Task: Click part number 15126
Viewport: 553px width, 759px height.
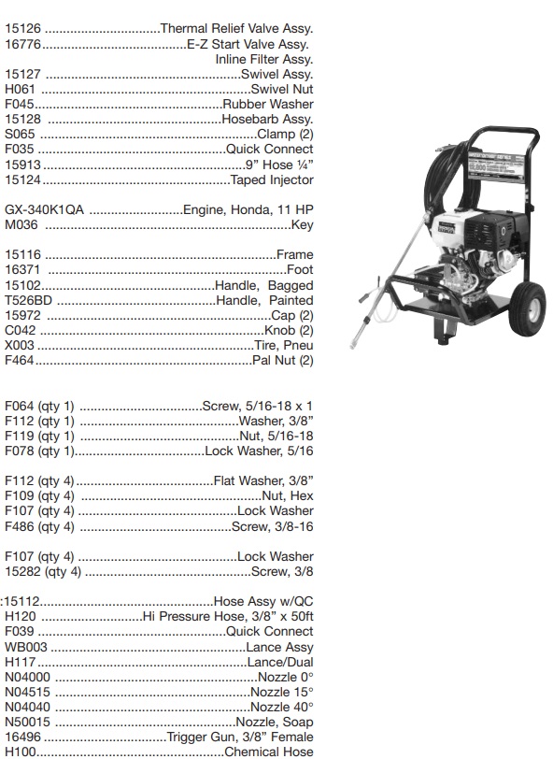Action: (x=23, y=29)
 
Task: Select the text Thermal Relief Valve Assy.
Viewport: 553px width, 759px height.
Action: (x=236, y=29)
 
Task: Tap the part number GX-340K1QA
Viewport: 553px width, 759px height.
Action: (x=44, y=209)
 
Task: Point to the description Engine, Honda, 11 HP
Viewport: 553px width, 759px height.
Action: (x=248, y=209)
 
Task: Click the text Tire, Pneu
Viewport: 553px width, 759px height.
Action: (x=282, y=345)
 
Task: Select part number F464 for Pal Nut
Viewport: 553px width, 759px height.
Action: (x=20, y=360)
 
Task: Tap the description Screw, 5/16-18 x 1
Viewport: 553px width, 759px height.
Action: (x=257, y=406)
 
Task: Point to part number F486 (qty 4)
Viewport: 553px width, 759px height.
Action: (x=39, y=526)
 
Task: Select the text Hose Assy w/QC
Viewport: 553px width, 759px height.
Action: (x=263, y=601)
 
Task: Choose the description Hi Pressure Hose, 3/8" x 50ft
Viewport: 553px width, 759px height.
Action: (x=228, y=616)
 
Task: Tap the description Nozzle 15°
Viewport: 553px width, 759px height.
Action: (x=281, y=692)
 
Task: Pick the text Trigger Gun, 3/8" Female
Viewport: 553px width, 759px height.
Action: (x=240, y=737)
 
